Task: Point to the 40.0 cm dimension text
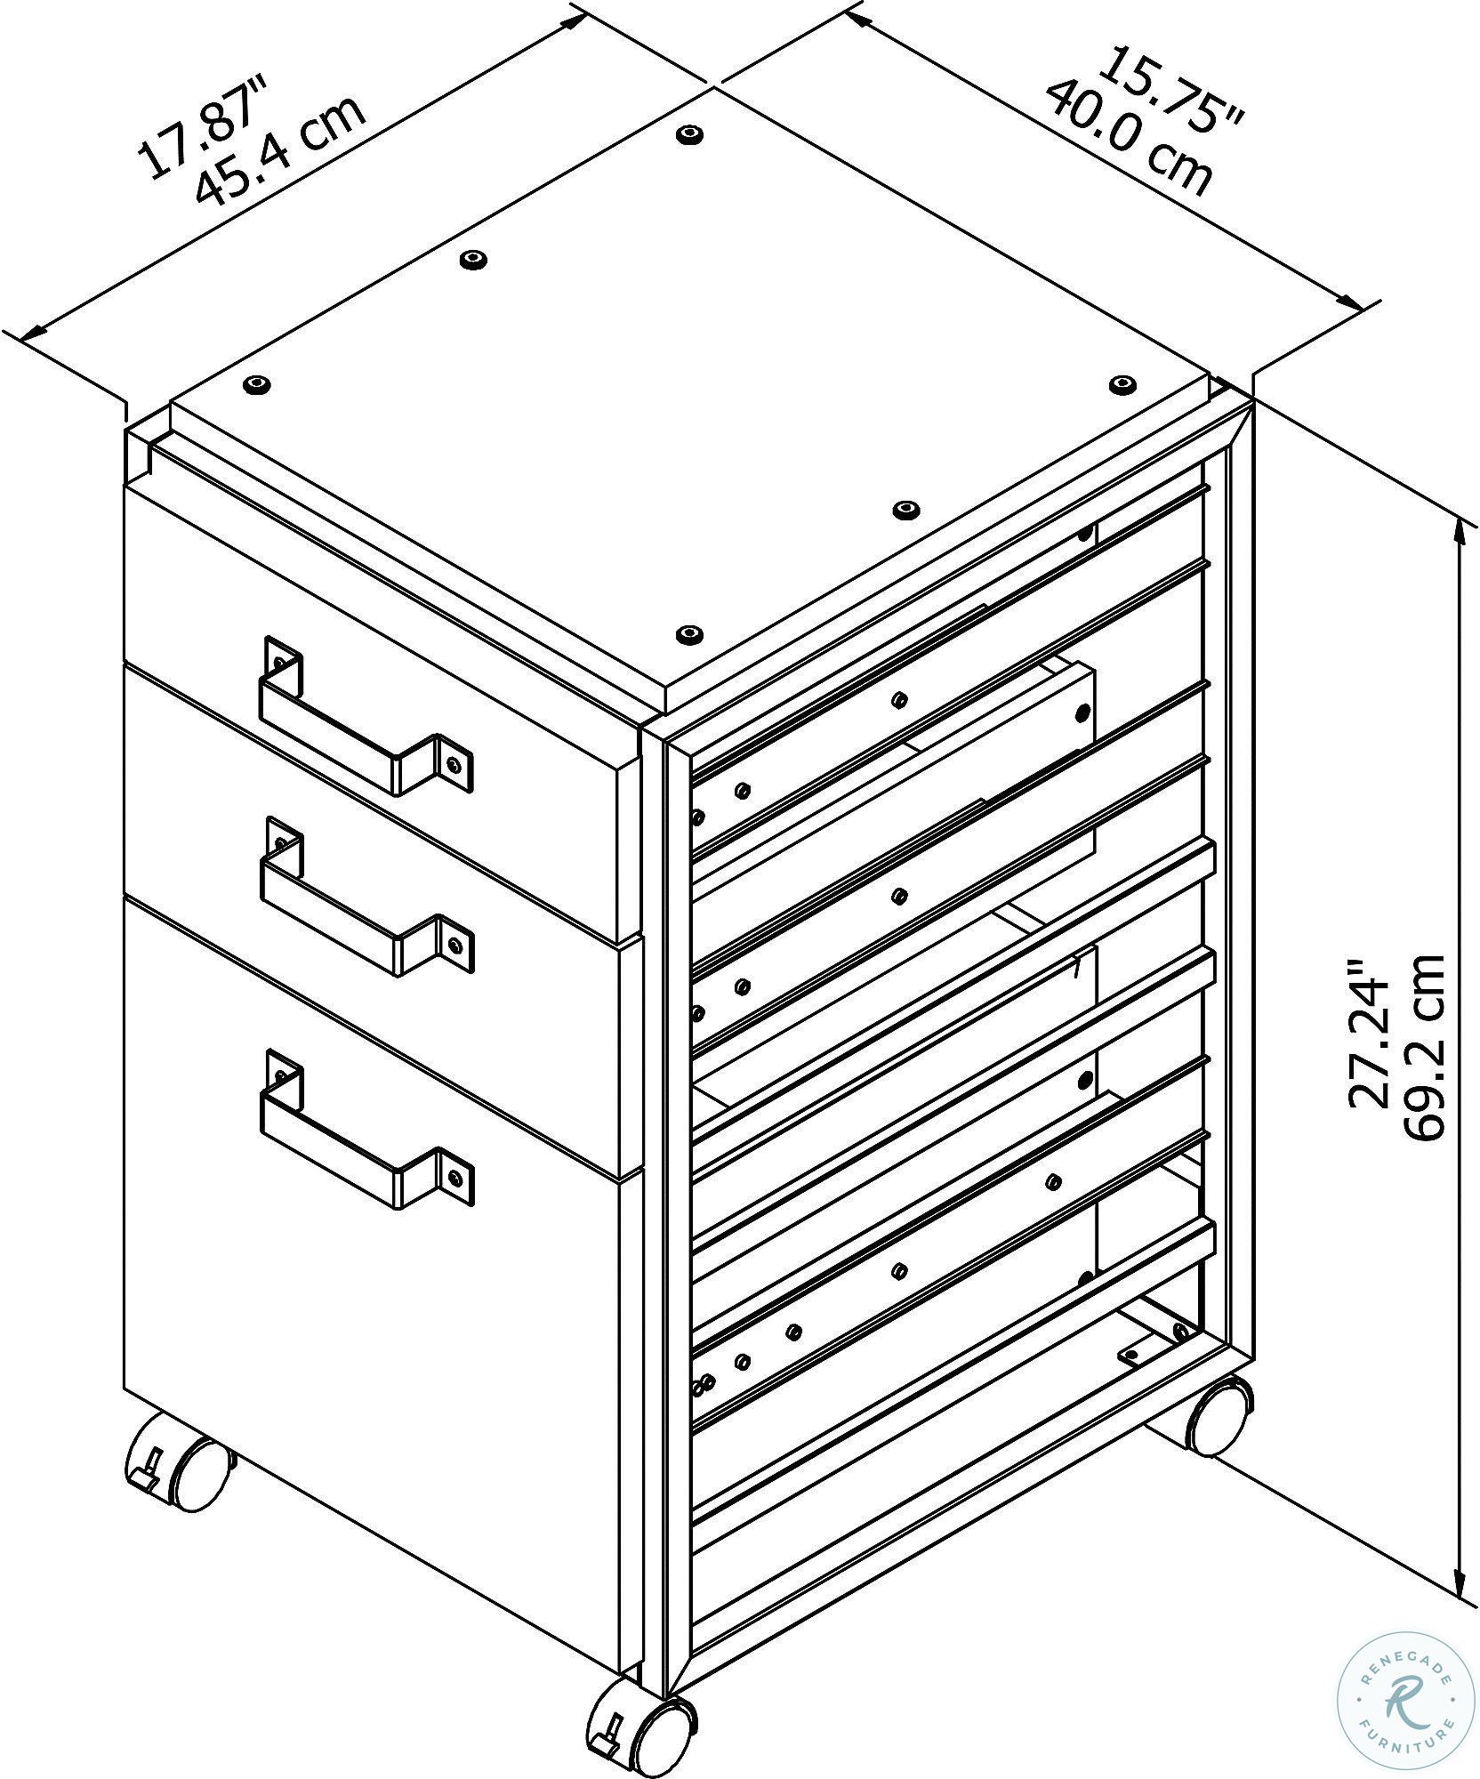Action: (1129, 138)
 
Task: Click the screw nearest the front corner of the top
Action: (687, 634)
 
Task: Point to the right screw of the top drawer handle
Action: (455, 763)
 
